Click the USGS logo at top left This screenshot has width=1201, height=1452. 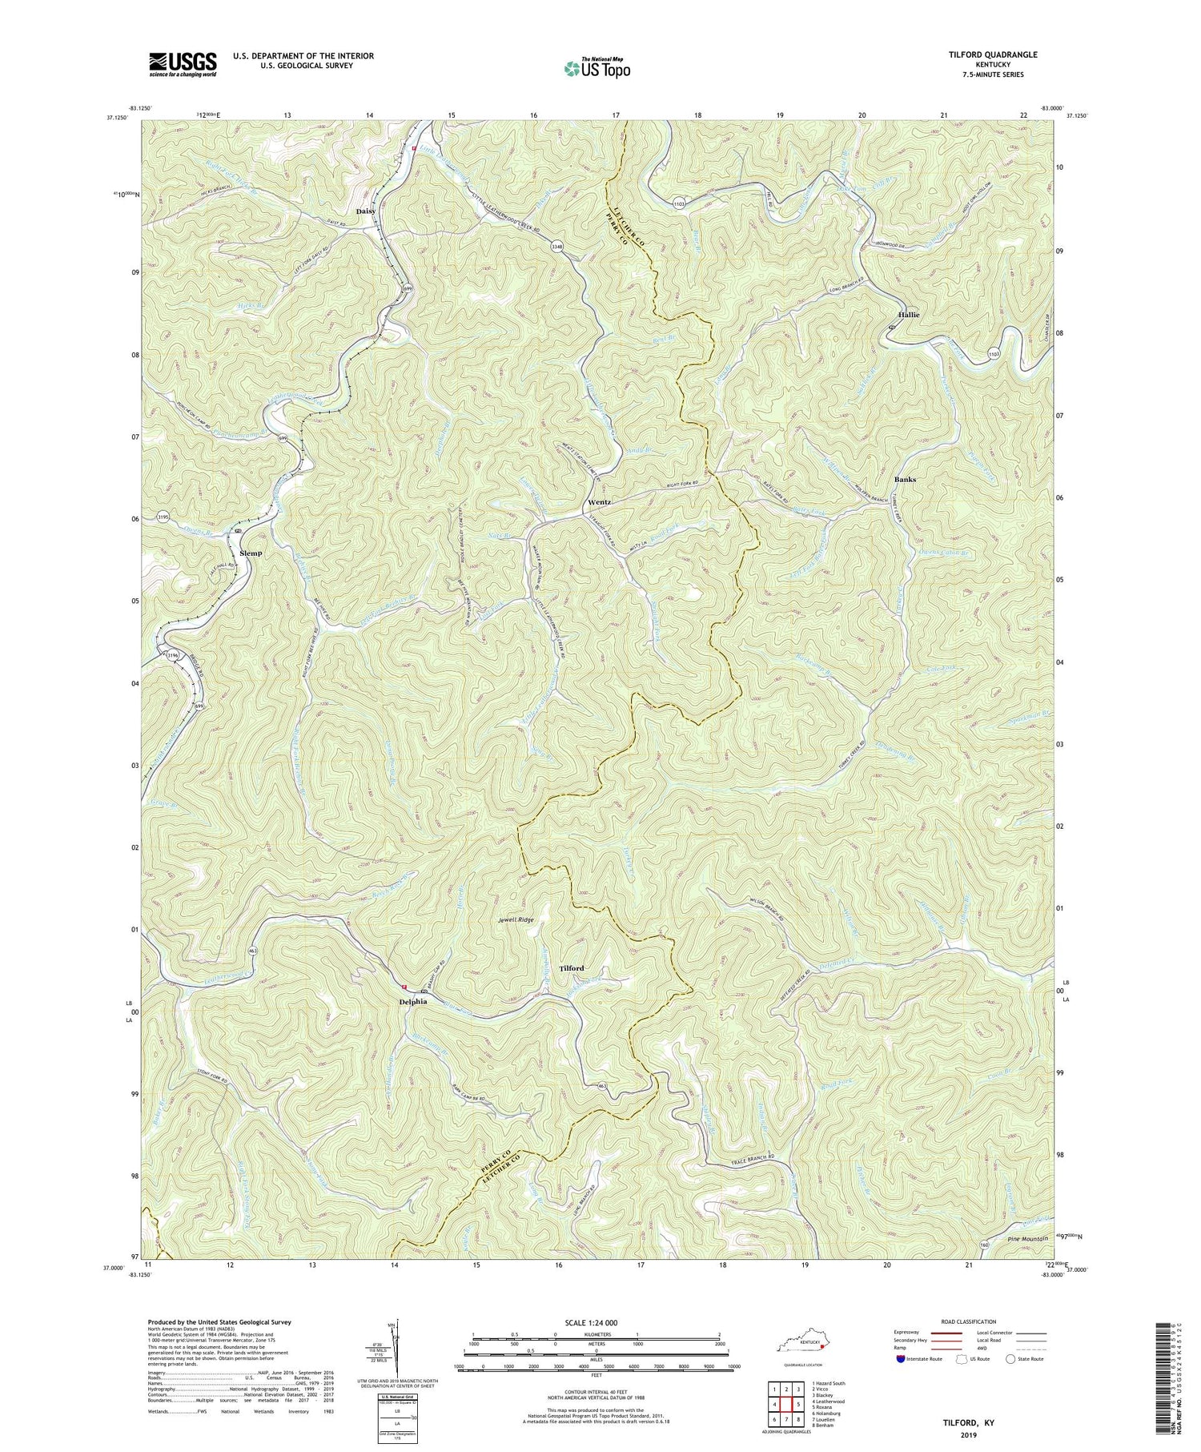click(x=182, y=63)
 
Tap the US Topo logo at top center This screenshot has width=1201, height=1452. click(x=596, y=69)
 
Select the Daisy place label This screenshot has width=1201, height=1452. click(x=366, y=211)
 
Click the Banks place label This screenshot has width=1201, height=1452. click(x=905, y=479)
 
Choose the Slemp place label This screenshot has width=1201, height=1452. click(x=251, y=553)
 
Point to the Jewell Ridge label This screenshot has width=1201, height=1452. click(x=515, y=920)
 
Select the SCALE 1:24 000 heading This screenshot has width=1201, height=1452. click(x=596, y=1322)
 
